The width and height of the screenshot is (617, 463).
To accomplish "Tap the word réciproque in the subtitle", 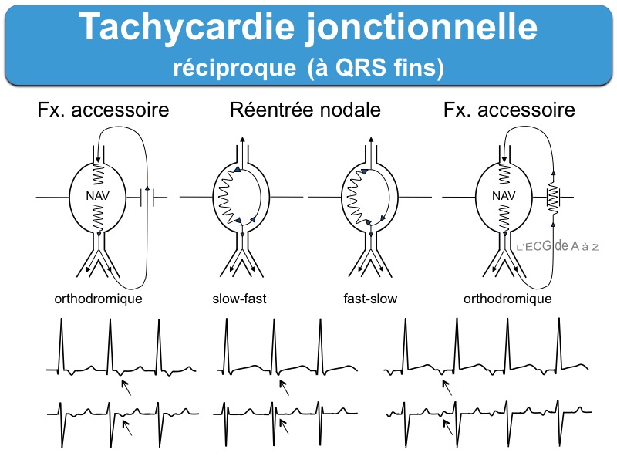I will (x=232, y=68).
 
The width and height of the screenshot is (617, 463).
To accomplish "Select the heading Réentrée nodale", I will (x=305, y=110).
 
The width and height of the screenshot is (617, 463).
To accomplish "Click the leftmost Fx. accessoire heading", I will (x=103, y=110).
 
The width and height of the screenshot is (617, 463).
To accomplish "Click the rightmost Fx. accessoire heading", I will (x=509, y=110).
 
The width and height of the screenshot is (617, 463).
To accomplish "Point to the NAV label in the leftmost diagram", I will (x=99, y=197).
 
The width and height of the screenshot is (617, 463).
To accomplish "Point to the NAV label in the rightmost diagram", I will (x=504, y=197).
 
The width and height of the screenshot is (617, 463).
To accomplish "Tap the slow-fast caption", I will (x=239, y=299).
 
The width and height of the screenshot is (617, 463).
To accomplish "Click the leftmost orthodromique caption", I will (x=98, y=299).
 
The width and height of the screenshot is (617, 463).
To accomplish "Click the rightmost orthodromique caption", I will (x=507, y=299).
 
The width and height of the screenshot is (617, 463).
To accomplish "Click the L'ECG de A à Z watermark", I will (x=558, y=246).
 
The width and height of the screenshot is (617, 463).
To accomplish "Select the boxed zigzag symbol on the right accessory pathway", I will (x=552, y=198).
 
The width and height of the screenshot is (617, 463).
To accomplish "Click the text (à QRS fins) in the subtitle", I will (x=376, y=68).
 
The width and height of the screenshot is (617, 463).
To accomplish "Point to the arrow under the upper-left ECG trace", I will (x=126, y=387).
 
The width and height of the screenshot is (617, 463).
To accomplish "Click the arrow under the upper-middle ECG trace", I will (x=285, y=387).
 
